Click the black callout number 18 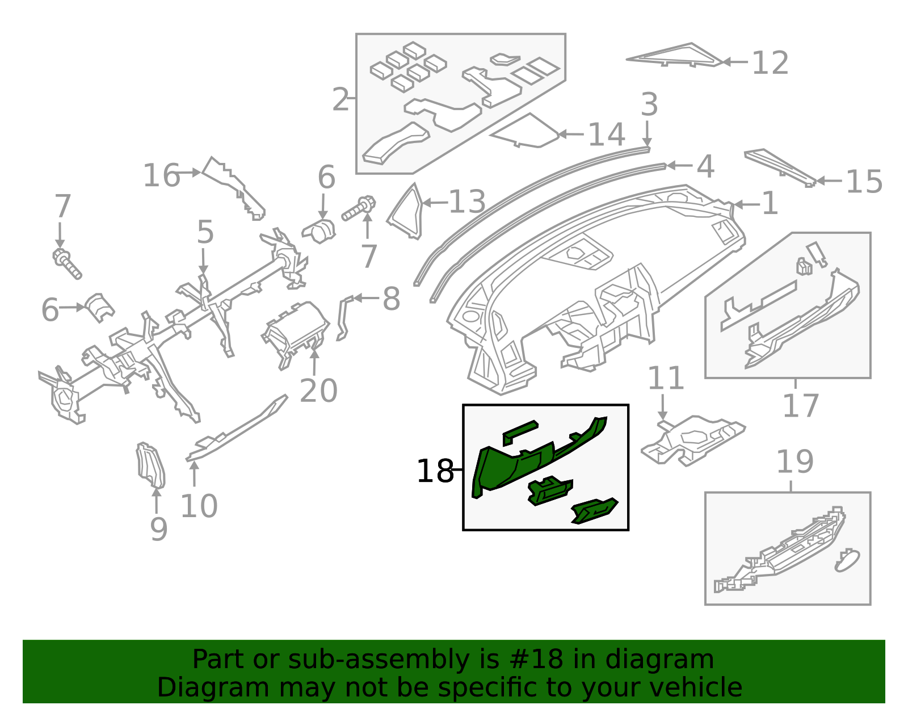[x=435, y=472]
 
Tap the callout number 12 [x=770, y=62]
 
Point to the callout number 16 [x=161, y=175]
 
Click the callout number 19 [x=794, y=462]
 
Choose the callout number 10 [x=199, y=506]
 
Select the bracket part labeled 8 [x=344, y=318]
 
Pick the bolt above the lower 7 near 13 [x=359, y=209]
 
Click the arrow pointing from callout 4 [x=678, y=166]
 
